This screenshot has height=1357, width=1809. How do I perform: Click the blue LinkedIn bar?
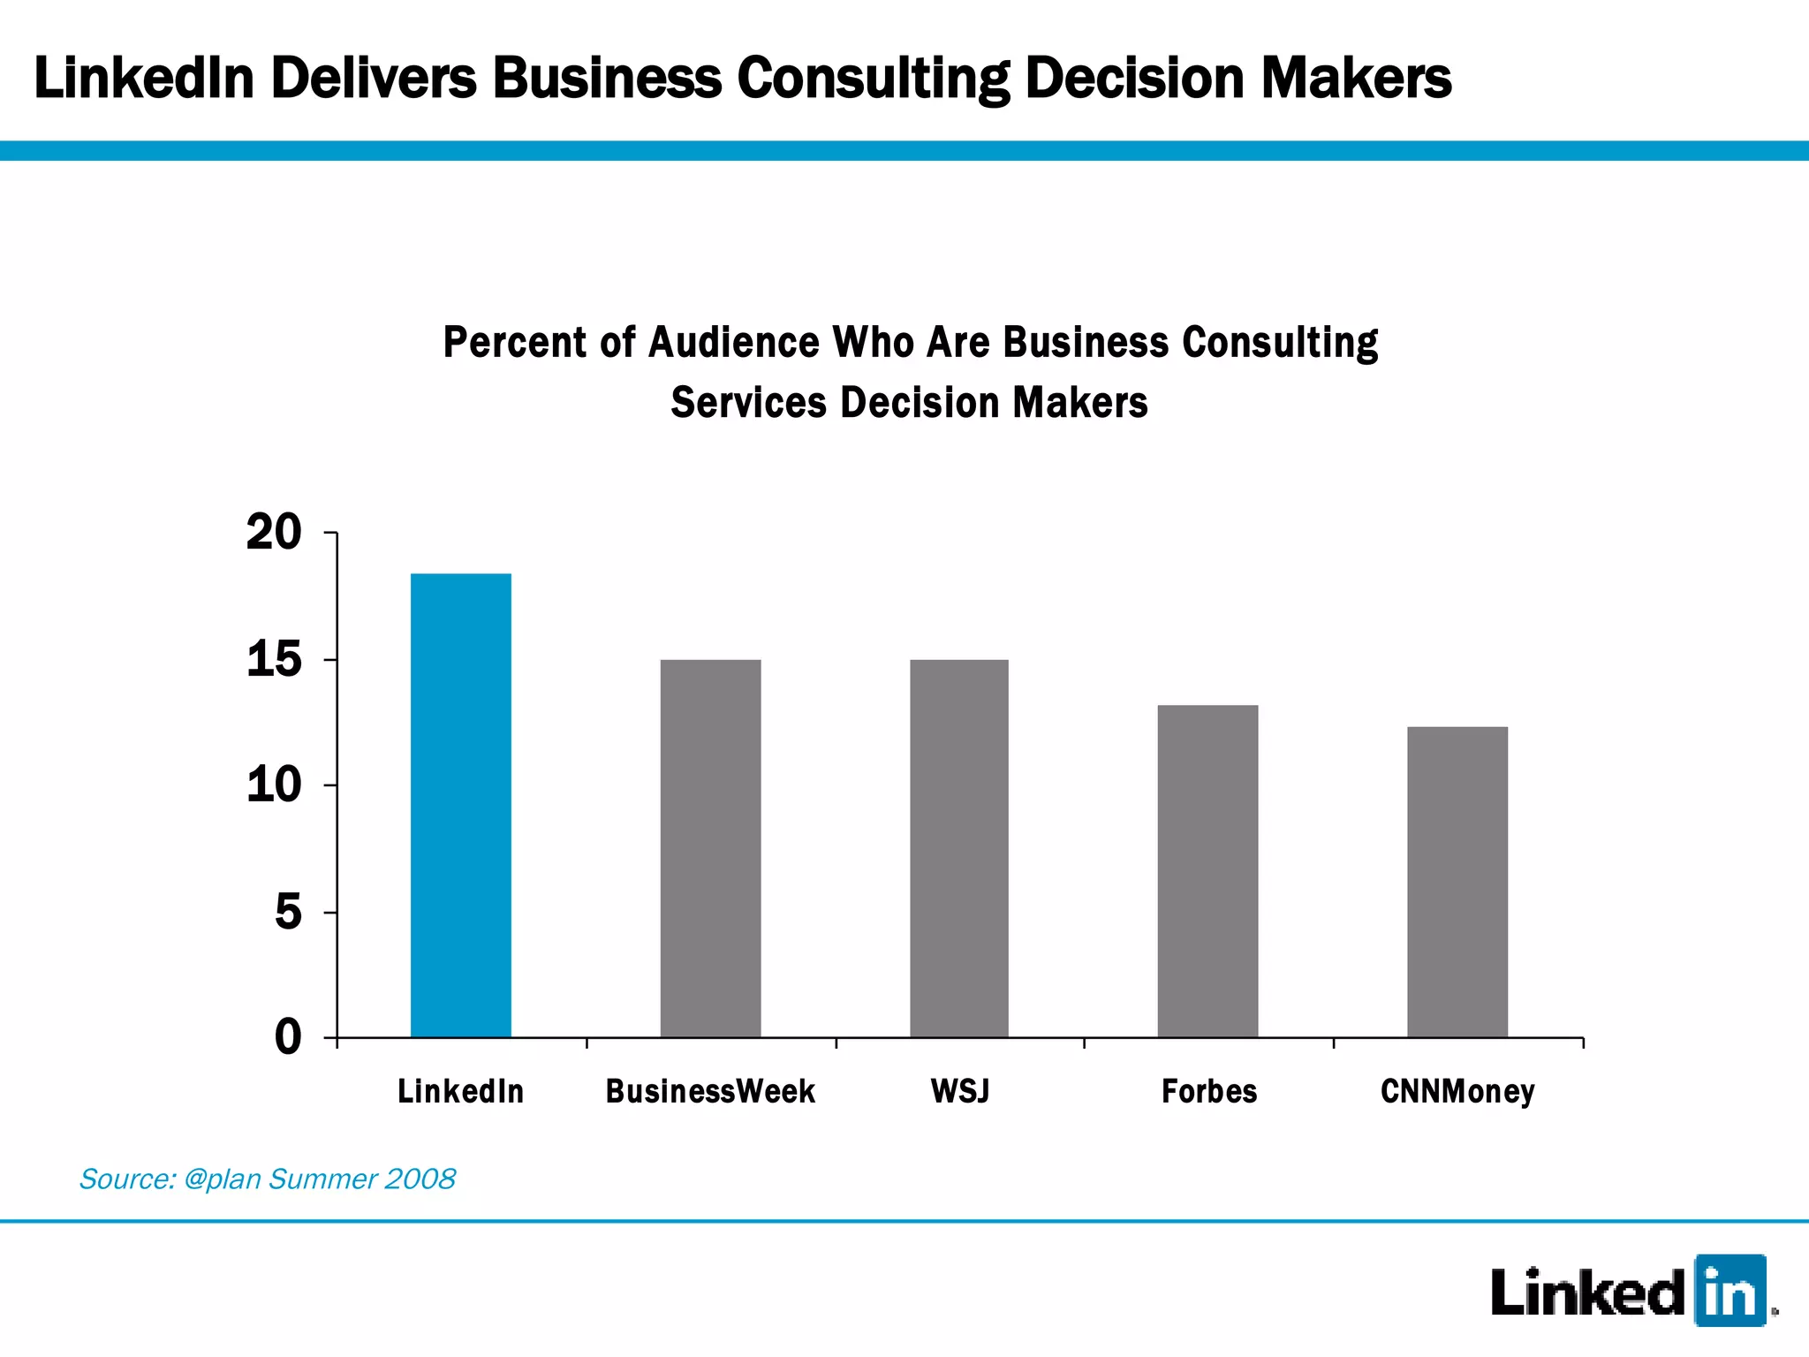[x=460, y=805]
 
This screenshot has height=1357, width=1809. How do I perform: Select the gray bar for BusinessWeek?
[x=710, y=848]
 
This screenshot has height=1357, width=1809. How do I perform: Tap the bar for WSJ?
[x=959, y=848]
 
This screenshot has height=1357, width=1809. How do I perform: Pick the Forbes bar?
[x=1207, y=871]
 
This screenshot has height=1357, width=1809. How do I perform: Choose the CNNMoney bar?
[x=1457, y=882]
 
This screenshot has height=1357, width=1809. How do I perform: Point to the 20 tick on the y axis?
[x=274, y=533]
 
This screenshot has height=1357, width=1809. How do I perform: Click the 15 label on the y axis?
[x=274, y=660]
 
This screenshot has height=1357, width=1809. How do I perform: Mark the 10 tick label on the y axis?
[x=274, y=785]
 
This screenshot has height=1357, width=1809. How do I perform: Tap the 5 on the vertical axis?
[x=288, y=912]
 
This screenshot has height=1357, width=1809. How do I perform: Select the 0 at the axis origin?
[x=288, y=1036]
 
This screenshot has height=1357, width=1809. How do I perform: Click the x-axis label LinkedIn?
[x=460, y=1092]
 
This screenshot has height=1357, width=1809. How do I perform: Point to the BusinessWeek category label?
[x=710, y=1092]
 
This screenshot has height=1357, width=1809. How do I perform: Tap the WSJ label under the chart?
[x=960, y=1092]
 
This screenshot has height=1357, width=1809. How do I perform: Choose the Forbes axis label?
[x=1208, y=1092]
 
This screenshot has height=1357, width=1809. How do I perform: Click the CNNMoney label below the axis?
[x=1457, y=1092]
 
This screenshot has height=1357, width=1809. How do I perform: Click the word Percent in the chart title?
[x=514, y=343]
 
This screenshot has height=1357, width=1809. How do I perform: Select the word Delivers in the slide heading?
[x=373, y=78]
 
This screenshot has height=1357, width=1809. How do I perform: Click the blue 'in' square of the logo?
[x=1730, y=1291]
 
